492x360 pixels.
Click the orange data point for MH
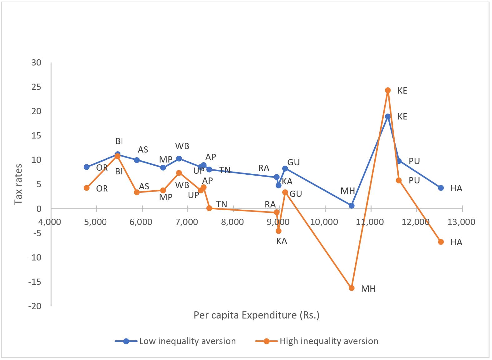pyautogui.click(x=352, y=288)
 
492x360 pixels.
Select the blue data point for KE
pyautogui.click(x=388, y=116)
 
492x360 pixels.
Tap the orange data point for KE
pyautogui.click(x=388, y=90)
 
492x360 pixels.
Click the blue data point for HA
pyautogui.click(x=441, y=188)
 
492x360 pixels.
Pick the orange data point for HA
pyautogui.click(x=441, y=242)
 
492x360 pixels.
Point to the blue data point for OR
pyautogui.click(x=86, y=167)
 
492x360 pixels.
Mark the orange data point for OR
pyautogui.click(x=86, y=188)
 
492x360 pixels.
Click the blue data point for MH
pyautogui.click(x=352, y=206)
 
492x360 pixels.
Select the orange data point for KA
pyautogui.click(x=278, y=231)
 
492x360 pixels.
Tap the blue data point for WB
pyautogui.click(x=179, y=158)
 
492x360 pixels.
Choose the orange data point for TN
pyautogui.click(x=209, y=208)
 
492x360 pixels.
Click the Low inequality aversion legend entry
pyautogui.click(x=175, y=341)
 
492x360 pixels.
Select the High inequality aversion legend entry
pyautogui.click(x=317, y=341)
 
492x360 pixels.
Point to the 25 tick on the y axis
pyautogui.click(x=36, y=87)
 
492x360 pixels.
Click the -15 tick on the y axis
pyautogui.click(x=35, y=282)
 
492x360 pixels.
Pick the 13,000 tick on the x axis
pyautogui.click(x=461, y=222)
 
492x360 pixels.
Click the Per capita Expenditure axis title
pyautogui.click(x=256, y=315)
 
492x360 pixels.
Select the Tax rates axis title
pyautogui.click(x=18, y=184)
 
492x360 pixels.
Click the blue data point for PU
pyautogui.click(x=399, y=161)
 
